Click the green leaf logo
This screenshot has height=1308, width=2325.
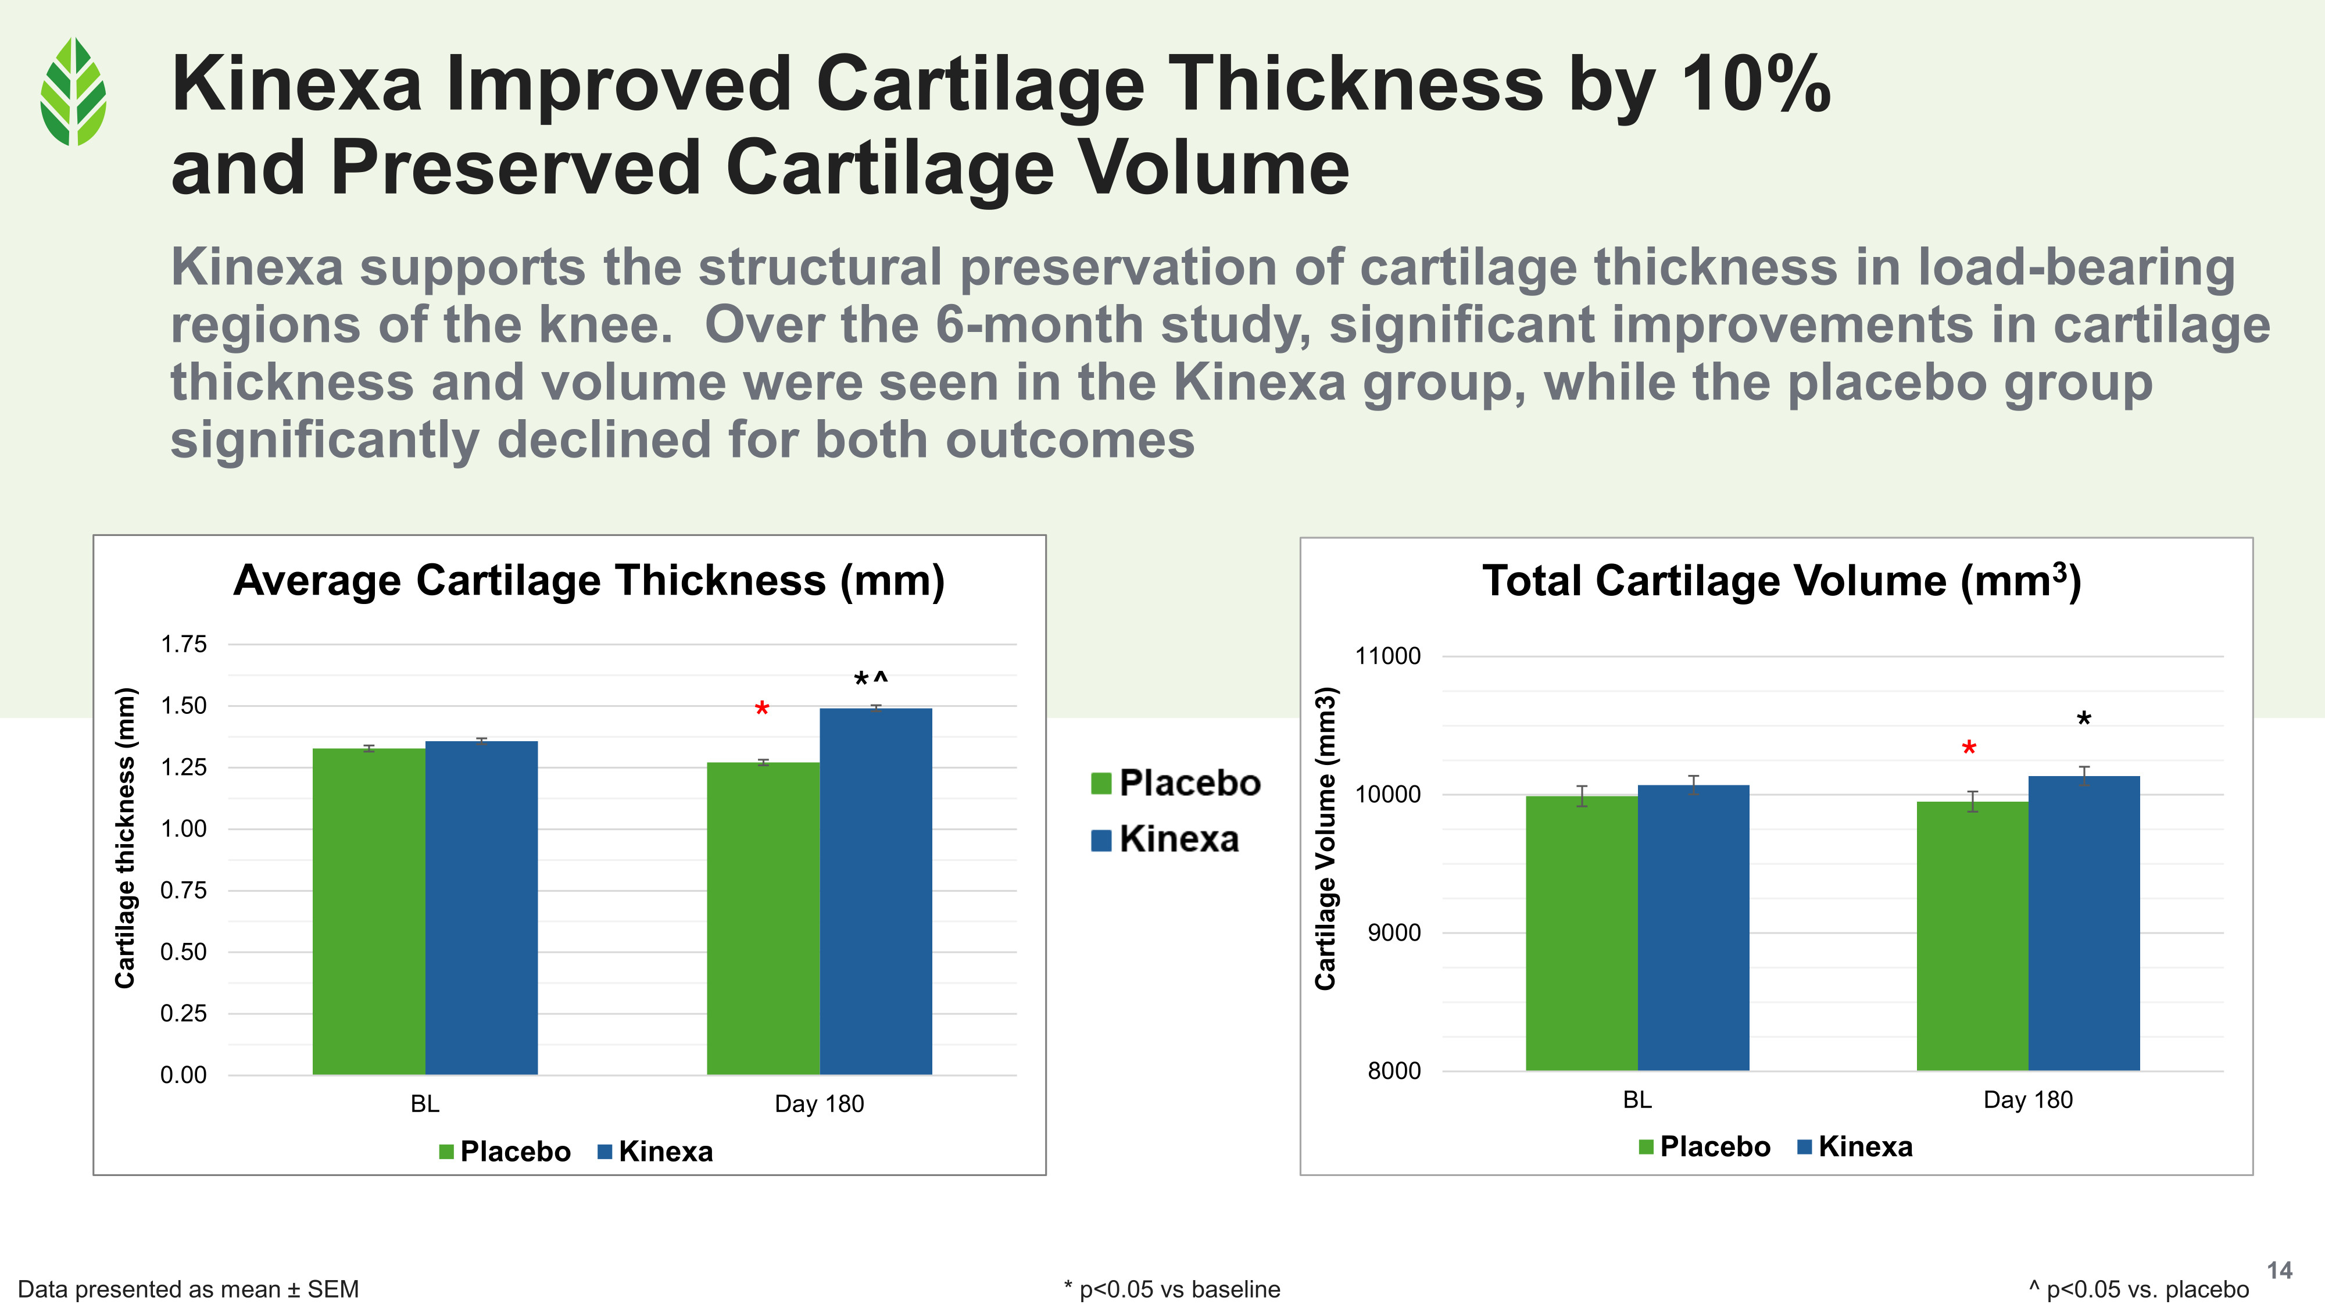point(73,91)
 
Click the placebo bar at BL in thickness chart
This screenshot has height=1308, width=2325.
point(369,911)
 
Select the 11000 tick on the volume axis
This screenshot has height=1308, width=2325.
point(1387,656)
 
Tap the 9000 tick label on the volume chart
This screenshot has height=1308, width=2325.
point(1394,932)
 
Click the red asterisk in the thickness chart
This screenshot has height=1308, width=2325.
point(762,709)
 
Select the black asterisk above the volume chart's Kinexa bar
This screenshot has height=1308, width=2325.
point(2083,720)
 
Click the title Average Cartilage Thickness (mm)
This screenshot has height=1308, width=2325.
point(588,580)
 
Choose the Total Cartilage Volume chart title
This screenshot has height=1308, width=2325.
point(1781,580)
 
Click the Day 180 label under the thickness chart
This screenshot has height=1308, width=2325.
point(818,1104)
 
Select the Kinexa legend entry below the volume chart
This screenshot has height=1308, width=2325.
point(1865,1146)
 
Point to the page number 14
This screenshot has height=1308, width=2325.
point(2279,1271)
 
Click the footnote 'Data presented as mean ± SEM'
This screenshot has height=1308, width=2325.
point(188,1289)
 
